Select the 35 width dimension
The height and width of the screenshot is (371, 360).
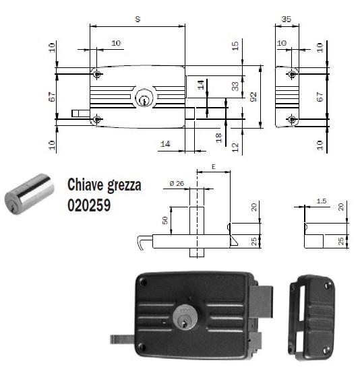(x=287, y=20)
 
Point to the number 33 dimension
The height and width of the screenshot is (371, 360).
(x=235, y=86)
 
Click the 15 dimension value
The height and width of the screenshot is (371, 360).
(x=235, y=46)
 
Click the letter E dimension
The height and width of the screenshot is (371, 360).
(x=213, y=164)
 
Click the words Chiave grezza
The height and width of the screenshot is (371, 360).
(x=104, y=185)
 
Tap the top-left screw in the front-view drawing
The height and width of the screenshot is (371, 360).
(x=98, y=74)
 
